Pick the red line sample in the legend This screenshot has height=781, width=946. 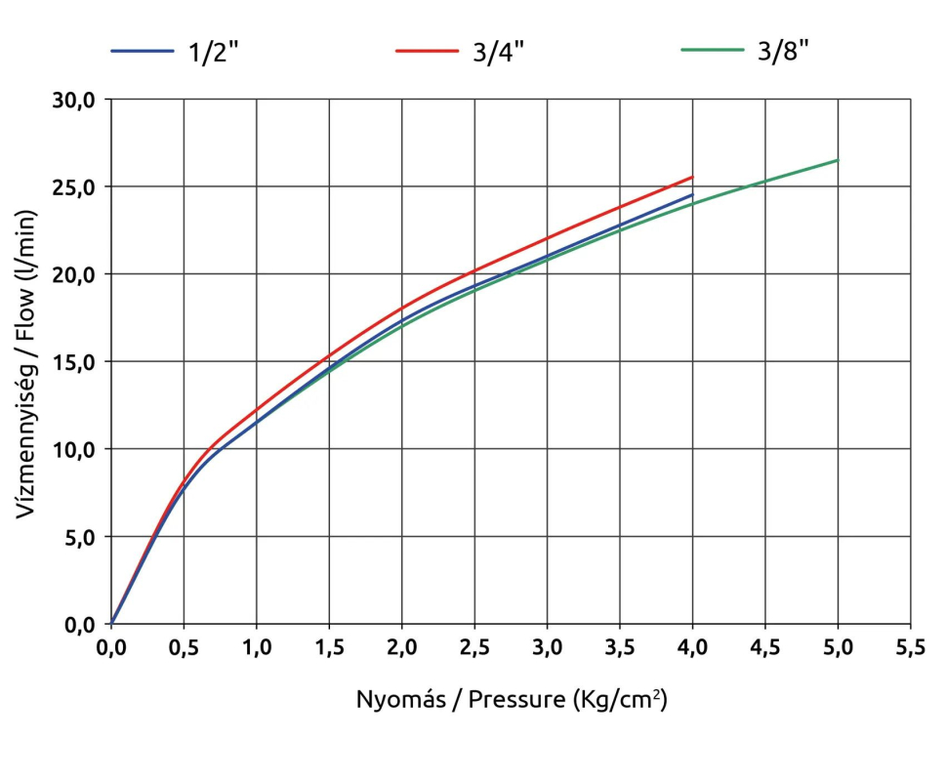427,51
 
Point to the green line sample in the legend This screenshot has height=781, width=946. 710,51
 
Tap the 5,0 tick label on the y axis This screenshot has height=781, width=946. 78,537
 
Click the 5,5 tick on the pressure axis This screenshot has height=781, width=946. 910,647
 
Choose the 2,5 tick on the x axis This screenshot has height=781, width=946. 474,647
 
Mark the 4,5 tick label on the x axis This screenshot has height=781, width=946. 764,647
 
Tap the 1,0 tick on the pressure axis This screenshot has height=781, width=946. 257,647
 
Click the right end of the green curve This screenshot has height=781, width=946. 838,160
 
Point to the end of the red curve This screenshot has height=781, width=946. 692,177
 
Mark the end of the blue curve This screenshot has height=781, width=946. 692,194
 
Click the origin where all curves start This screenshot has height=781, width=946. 111,624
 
